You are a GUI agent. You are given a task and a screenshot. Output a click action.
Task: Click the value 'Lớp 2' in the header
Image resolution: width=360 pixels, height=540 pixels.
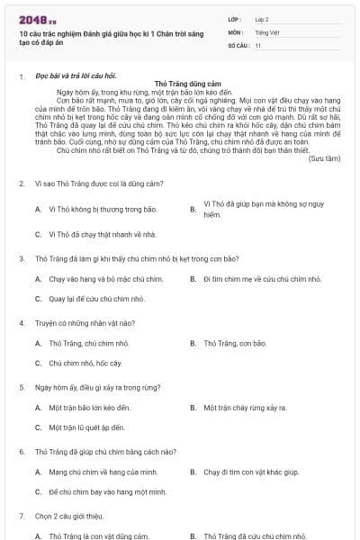click(x=262, y=18)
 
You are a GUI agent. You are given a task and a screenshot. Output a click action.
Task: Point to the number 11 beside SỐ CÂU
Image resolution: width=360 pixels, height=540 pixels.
click(x=258, y=44)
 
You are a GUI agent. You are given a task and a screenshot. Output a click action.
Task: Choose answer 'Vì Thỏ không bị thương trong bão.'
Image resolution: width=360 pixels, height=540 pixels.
click(x=103, y=209)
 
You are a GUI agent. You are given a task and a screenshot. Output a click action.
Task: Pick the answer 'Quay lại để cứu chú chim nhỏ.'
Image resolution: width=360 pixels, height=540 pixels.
click(x=96, y=298)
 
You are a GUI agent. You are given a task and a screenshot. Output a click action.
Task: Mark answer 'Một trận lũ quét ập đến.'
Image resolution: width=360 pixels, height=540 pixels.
click(x=87, y=427)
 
